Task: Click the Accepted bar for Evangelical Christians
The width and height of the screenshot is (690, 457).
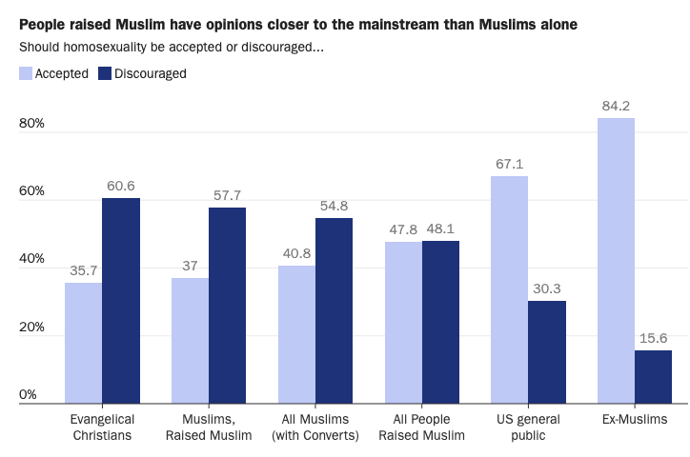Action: tap(84, 343)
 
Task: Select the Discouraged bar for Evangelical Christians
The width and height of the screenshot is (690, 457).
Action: tap(121, 301)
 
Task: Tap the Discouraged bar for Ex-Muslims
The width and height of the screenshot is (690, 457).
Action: tap(653, 377)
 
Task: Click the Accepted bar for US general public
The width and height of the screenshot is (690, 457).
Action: tap(509, 289)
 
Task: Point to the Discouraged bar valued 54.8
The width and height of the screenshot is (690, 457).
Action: tap(334, 310)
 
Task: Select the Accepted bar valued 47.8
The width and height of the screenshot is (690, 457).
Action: tap(403, 323)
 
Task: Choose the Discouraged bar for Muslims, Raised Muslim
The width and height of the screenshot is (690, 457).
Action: tap(228, 306)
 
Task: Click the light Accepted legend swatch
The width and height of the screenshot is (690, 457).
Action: tap(26, 73)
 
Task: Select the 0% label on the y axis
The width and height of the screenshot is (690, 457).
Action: tap(28, 394)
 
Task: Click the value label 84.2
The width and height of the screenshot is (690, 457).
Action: tap(616, 106)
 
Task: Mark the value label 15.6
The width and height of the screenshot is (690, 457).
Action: tap(653, 338)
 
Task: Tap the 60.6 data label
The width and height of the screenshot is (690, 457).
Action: tap(121, 186)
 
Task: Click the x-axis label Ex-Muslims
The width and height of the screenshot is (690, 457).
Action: tap(635, 420)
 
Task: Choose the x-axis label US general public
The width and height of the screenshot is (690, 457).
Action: tap(528, 427)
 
